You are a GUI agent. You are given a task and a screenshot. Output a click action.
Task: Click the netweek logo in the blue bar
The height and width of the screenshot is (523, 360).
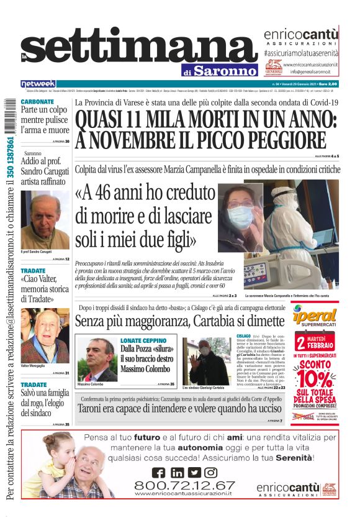click(x=38, y=83)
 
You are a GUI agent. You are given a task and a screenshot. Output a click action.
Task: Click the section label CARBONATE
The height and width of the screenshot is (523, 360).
click(x=37, y=101)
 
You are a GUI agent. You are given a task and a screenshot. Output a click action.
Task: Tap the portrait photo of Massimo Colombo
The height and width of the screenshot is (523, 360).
click(x=97, y=360)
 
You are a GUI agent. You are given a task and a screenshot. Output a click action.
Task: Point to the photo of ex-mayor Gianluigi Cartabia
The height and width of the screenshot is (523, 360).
click(x=209, y=360)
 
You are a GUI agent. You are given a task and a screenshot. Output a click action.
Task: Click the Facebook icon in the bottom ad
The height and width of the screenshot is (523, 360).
click(x=159, y=472)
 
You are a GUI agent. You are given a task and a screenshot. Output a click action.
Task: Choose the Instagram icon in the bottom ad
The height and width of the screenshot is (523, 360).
click(x=211, y=472)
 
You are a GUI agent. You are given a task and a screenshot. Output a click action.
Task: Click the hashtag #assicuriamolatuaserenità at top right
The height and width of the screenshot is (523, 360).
click(x=300, y=55)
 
